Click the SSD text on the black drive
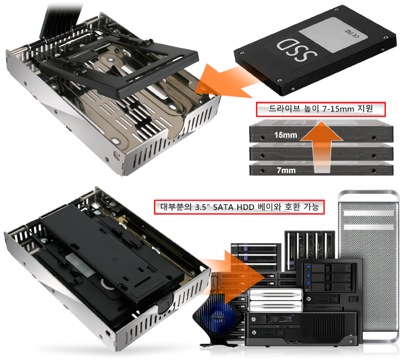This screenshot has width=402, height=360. pyautogui.click(x=296, y=50)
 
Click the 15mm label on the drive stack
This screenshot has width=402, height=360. pyautogui.click(x=285, y=135)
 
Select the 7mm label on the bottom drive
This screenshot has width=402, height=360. pyautogui.click(x=286, y=170)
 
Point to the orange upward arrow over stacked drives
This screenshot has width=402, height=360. pyautogui.click(x=322, y=147)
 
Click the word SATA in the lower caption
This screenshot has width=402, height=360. pyautogui.click(x=223, y=207)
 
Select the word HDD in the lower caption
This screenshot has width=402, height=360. pyautogui.click(x=245, y=207)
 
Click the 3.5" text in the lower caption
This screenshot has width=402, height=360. pyautogui.click(x=201, y=207)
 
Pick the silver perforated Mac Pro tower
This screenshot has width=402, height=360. pyautogui.click(x=368, y=265)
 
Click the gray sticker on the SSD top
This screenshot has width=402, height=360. pyautogui.click(x=333, y=35)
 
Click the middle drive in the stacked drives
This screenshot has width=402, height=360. pyautogui.click(x=321, y=153)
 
